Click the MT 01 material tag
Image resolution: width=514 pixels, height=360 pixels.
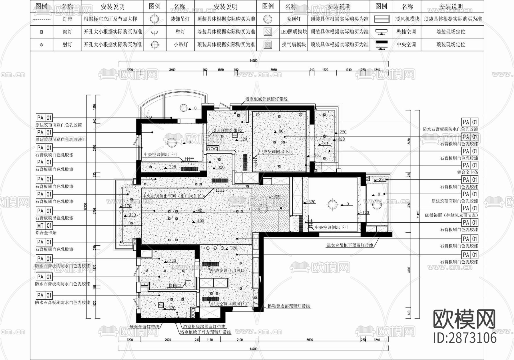pyautogui.click(x=44, y=225)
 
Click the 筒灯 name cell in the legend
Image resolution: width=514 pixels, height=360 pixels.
pyautogui.click(x=67, y=32)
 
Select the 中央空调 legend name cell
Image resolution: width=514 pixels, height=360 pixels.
pyautogui.click(x=406, y=45)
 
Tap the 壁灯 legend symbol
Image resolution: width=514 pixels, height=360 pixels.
pyautogui.click(x=154, y=32)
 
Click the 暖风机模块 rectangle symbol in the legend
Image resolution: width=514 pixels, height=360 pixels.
pyautogui.click(x=382, y=19)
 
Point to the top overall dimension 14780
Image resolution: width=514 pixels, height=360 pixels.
pyautogui.click(x=253, y=60)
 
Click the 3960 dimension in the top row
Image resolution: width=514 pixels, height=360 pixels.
pyautogui.click(x=274, y=70)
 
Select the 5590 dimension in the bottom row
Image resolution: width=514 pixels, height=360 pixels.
pyautogui.click(x=310, y=340)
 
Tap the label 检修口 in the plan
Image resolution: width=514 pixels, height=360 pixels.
pyautogui.click(x=175, y=285)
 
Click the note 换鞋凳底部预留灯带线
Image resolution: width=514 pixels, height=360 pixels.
pyautogui.click(x=289, y=306)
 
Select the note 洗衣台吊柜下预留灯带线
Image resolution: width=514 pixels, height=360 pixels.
pyautogui.click(x=350, y=245)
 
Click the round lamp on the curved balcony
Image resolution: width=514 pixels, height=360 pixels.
pyautogui.click(x=183, y=108)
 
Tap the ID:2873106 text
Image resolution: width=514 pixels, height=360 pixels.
pyautogui.click(x=465, y=338)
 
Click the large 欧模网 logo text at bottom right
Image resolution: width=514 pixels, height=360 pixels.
pyautogui.click(x=464, y=319)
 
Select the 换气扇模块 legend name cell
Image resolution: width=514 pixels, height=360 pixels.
pyautogui.click(x=294, y=45)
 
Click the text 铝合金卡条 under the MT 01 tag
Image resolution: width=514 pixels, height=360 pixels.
pyautogui.click(x=46, y=233)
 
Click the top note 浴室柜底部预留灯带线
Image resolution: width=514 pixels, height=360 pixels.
pyautogui.click(x=267, y=99)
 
